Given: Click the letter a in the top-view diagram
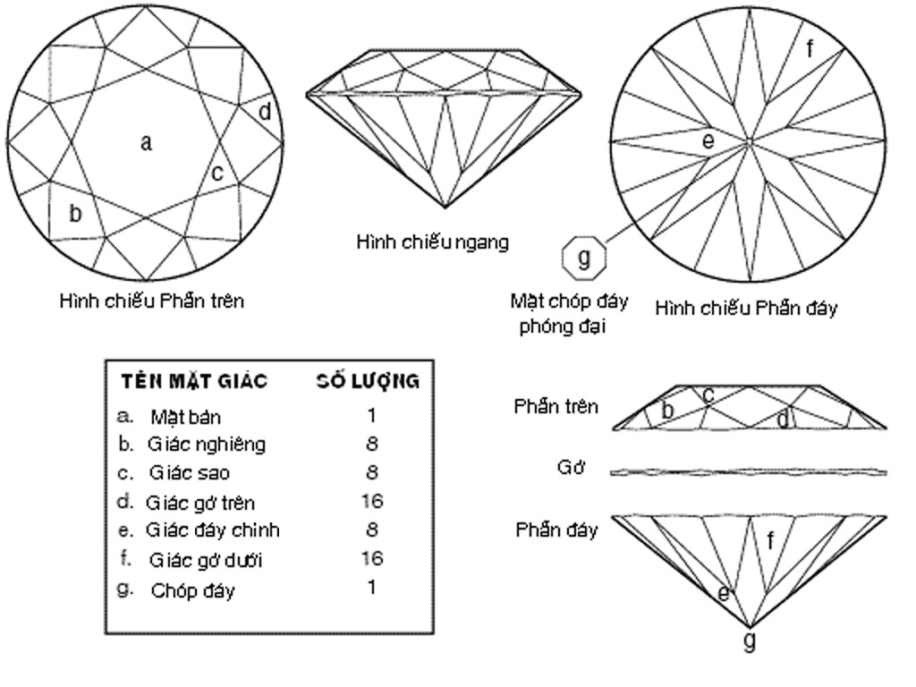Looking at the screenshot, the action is (x=146, y=142).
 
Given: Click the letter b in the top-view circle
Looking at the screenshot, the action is (x=75, y=213).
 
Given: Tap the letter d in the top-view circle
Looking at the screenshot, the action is (x=265, y=111).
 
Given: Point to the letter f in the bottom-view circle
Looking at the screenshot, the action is (x=810, y=49).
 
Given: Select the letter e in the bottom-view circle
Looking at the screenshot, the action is (x=708, y=140).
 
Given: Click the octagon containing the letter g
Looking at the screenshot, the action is (x=583, y=257).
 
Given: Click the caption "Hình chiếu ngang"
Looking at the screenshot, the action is (x=432, y=242).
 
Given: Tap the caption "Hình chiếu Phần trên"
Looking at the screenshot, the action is (x=152, y=301).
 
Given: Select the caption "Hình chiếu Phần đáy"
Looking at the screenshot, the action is (x=746, y=308).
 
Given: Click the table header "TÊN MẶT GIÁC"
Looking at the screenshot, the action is (x=194, y=381).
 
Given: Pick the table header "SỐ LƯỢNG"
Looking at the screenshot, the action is (x=368, y=381).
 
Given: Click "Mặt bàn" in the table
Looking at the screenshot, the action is (x=186, y=417).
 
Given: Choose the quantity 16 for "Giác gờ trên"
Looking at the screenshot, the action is (x=371, y=501).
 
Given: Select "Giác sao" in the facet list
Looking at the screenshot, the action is (x=190, y=472).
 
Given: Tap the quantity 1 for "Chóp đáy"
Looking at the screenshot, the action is (x=371, y=587).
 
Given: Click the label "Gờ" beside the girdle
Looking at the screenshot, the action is (x=570, y=467).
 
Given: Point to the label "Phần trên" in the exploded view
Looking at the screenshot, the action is (x=556, y=406).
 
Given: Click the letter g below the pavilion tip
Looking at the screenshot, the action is (x=749, y=640).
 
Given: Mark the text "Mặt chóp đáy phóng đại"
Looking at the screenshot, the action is (x=568, y=313).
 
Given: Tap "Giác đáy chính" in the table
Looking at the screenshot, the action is (x=213, y=530).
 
